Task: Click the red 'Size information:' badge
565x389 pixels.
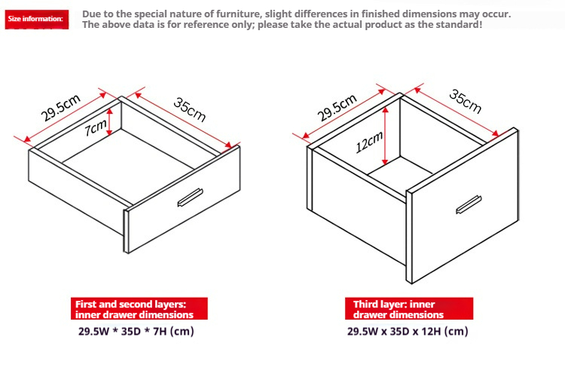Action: click(x=36, y=19)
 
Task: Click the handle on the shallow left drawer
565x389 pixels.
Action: click(x=190, y=198)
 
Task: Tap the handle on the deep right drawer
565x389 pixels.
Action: click(x=469, y=205)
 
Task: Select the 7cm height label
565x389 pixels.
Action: click(x=96, y=127)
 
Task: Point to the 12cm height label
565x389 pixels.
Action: click(x=369, y=142)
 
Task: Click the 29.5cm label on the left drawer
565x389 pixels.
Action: click(x=60, y=108)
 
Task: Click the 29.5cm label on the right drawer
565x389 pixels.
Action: click(x=337, y=107)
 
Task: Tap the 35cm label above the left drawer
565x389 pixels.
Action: click(x=190, y=110)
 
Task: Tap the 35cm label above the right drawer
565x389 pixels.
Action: click(x=466, y=102)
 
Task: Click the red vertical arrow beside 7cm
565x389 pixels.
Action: click(x=110, y=122)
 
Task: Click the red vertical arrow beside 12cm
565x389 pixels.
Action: click(x=385, y=136)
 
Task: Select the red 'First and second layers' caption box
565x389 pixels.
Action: click(x=139, y=308)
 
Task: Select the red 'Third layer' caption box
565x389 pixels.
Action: click(x=409, y=308)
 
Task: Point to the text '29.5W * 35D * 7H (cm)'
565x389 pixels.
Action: click(x=136, y=331)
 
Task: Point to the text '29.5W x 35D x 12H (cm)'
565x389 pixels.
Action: click(x=408, y=331)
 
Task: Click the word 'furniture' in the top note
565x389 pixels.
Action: click(x=237, y=14)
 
